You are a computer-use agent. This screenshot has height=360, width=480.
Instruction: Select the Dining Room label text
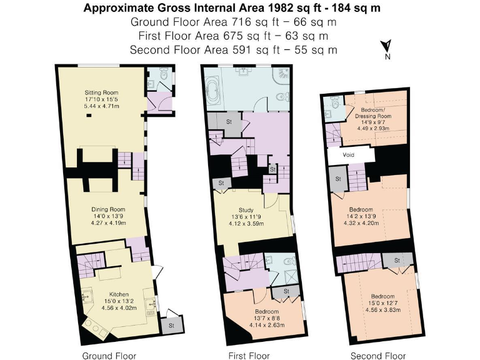108,209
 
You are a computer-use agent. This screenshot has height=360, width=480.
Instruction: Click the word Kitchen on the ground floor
119,294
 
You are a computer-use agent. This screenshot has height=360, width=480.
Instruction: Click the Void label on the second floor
349,155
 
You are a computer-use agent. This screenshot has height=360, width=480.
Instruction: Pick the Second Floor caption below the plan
377,356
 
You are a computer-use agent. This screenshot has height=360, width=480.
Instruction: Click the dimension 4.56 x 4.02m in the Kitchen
119,307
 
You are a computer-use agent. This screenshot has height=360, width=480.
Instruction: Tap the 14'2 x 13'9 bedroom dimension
369,216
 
